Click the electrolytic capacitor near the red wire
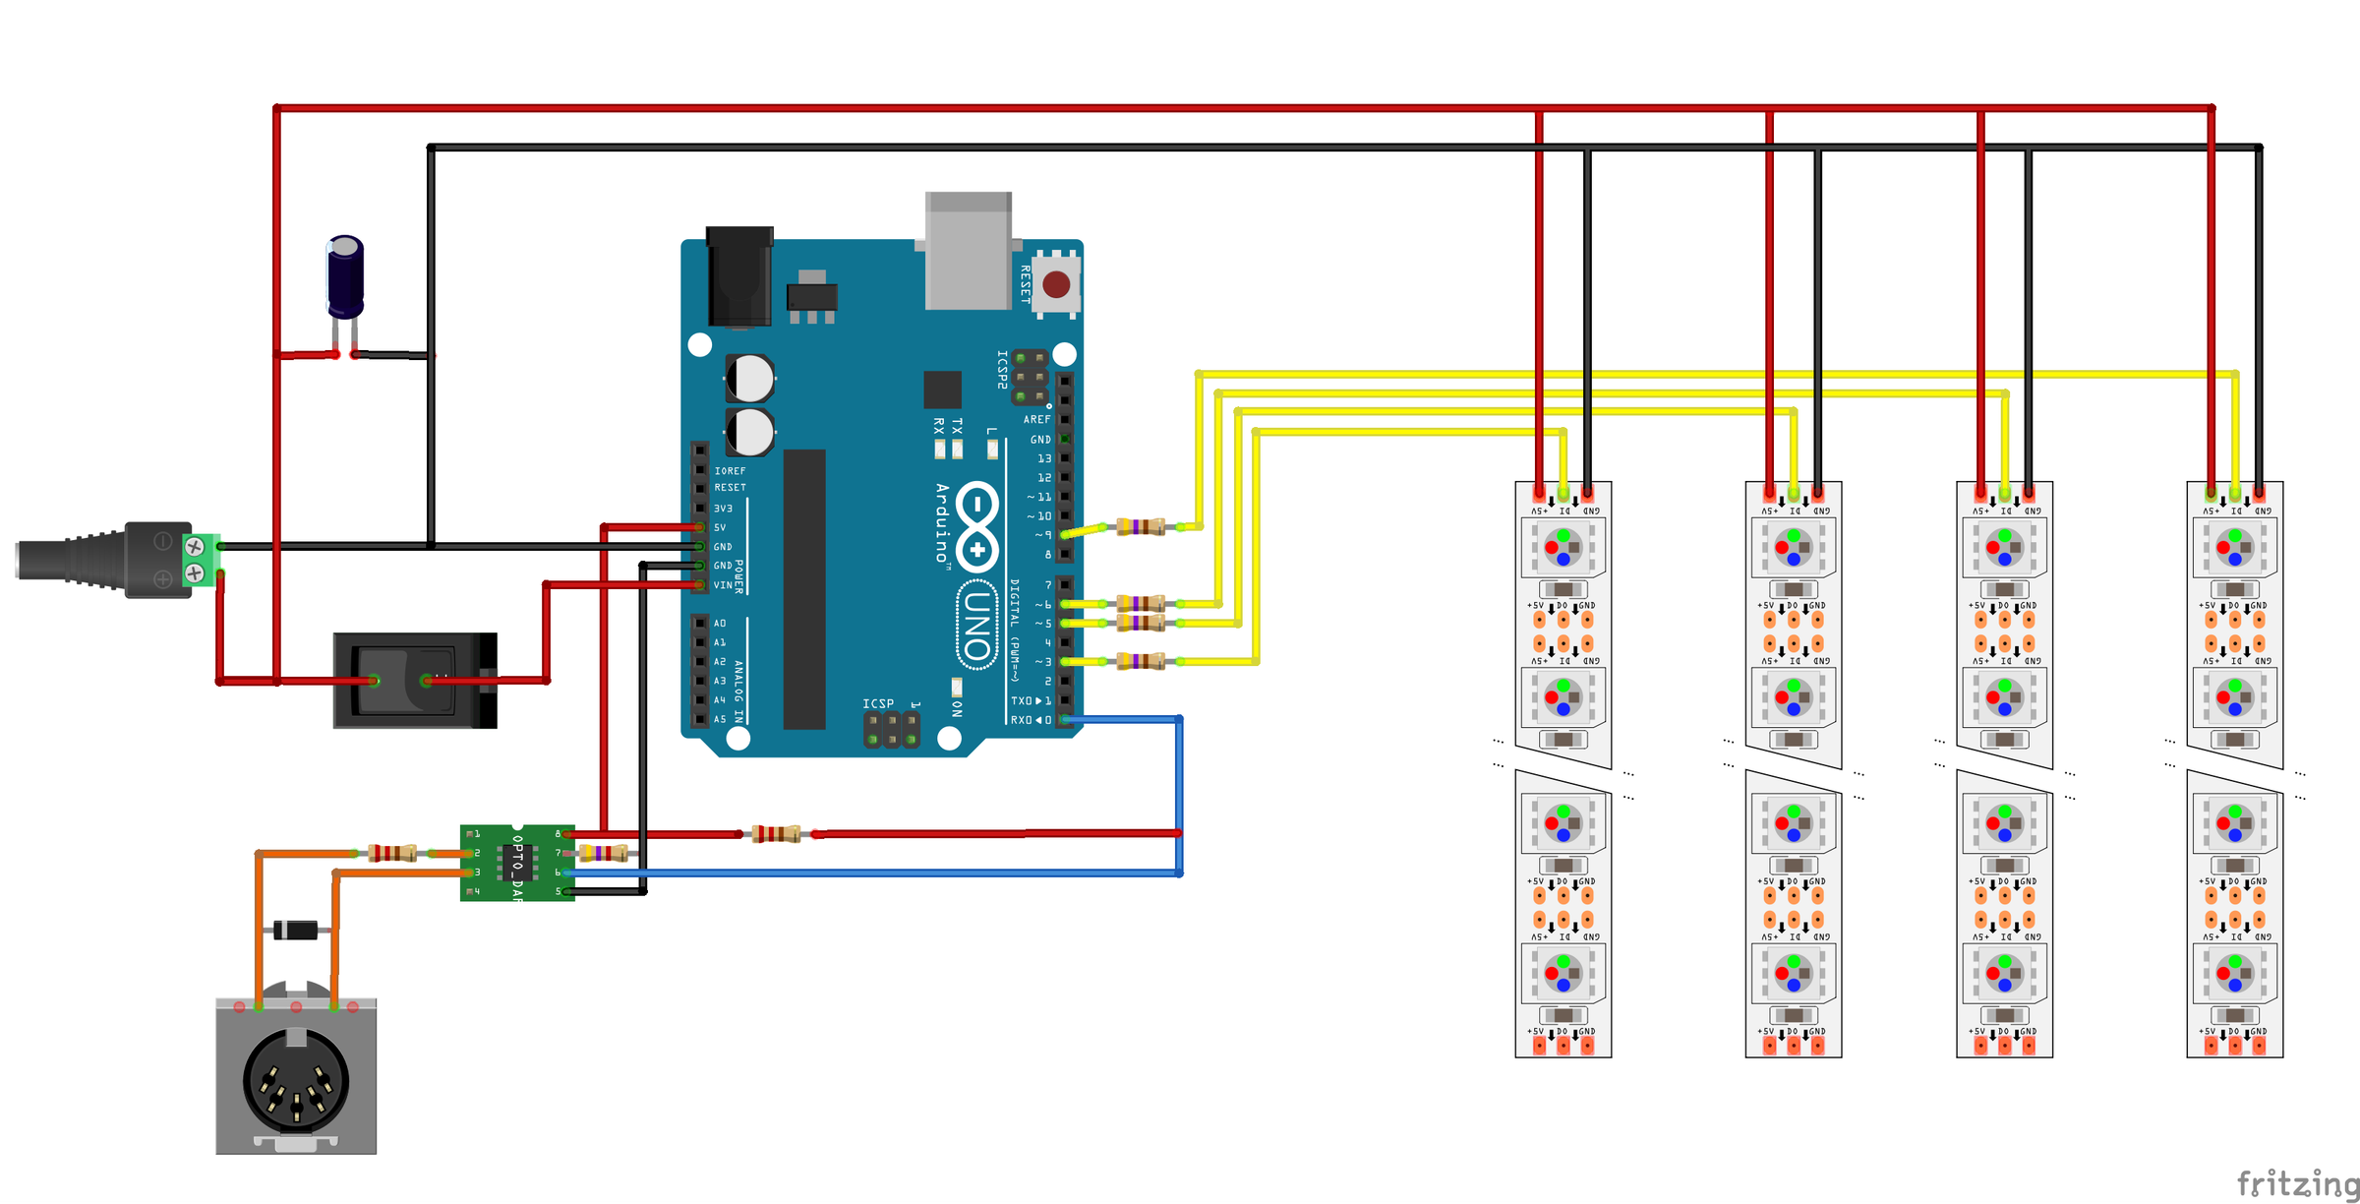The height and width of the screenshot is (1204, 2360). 345,275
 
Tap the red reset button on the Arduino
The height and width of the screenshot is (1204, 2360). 1056,285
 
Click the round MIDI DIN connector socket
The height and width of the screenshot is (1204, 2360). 295,1080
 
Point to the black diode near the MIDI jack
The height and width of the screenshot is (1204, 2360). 296,930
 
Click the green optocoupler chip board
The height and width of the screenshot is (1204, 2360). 517,863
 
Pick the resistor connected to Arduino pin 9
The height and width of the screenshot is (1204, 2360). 1141,527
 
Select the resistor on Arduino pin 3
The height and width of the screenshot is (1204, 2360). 1141,661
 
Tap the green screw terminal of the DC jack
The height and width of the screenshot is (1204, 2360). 200,559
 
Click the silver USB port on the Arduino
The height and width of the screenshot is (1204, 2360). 969,251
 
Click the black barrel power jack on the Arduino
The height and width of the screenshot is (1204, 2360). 739,277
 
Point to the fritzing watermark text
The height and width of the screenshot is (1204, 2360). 2296,1183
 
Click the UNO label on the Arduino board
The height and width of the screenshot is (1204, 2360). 976,626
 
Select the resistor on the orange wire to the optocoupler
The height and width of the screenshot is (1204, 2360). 392,853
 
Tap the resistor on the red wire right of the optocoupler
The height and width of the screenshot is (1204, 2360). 776,834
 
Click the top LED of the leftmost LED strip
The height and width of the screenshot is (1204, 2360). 1563,547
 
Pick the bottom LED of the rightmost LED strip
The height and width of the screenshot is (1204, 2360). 2234,974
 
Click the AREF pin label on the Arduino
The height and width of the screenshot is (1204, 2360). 1036,420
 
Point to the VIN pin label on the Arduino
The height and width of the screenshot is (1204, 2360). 723,585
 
